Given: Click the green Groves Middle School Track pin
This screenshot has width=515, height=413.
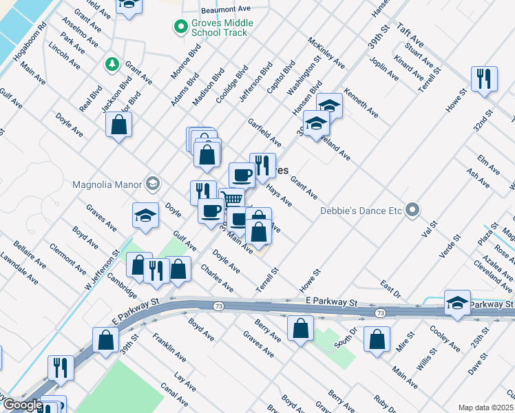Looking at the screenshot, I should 180,28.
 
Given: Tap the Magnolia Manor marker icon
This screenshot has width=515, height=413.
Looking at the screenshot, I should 152,184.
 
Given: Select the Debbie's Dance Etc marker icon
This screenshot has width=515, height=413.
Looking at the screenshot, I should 412,209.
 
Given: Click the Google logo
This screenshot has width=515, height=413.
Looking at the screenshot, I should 22,405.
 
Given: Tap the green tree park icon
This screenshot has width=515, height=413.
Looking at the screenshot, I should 111,65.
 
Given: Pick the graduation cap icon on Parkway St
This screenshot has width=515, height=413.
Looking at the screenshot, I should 458,303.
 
